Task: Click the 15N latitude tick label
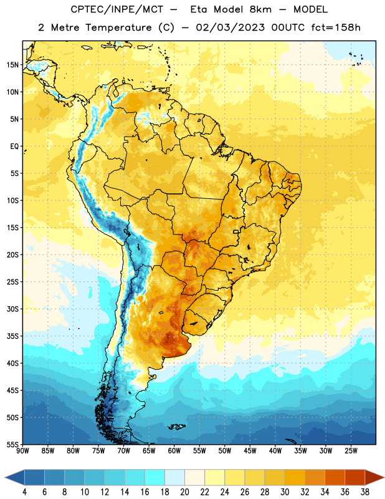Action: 12,65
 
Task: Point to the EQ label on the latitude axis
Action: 14,147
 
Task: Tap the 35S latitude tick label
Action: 12,336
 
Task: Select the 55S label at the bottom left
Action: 12,444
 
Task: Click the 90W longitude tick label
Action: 22,451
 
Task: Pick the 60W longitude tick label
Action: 174,451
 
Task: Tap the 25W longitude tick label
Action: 351,451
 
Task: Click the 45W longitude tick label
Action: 250,451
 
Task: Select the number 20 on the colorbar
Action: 184,492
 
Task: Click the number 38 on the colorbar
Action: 364,492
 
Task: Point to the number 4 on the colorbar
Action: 24,492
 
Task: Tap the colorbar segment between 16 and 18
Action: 155,477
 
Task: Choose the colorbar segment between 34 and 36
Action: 335,477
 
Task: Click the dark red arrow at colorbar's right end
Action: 374,477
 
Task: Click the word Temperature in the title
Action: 118,27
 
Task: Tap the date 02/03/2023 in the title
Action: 230,27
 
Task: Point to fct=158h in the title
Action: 336,27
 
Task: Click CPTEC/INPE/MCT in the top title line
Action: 117,9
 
